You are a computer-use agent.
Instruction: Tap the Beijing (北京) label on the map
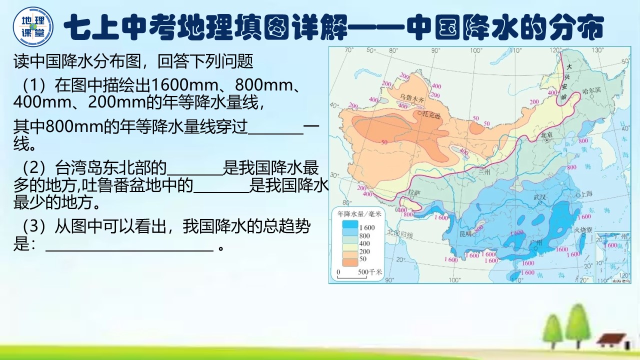[545, 135]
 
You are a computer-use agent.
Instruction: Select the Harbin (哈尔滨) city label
[591, 93]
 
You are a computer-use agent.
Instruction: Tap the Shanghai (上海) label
[586, 193]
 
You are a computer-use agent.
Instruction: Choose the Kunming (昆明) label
[465, 233]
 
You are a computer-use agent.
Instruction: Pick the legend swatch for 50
[349, 259]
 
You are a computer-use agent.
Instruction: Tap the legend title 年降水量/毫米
[359, 214]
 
